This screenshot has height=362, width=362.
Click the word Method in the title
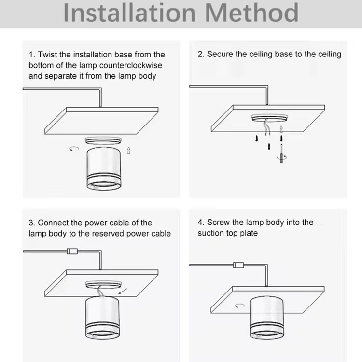[251, 13]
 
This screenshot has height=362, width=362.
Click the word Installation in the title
[129, 13]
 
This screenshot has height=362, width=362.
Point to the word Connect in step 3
[53, 223]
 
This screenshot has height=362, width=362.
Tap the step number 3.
[32, 223]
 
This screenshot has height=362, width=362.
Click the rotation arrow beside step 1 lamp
[74, 148]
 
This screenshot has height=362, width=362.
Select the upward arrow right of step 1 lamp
[129, 150]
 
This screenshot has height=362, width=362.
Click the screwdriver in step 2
[281, 153]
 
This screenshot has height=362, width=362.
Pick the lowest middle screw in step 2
[269, 146]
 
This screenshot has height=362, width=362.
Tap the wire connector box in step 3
[72, 251]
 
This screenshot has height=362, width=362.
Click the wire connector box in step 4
[238, 265]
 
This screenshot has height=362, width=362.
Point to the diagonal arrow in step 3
[123, 292]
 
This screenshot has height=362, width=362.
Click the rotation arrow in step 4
[240, 306]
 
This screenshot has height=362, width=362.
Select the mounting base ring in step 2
[270, 118]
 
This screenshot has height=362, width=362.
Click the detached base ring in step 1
[103, 140]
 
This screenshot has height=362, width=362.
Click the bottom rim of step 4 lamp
[267, 334]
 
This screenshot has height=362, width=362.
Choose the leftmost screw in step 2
[257, 139]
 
